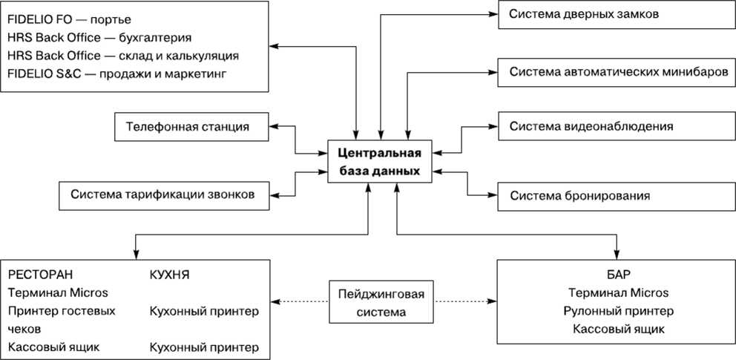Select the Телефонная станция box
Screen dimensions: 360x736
tap(191, 127)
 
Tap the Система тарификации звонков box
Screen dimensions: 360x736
tap(163, 195)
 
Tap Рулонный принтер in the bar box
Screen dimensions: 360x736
tap(617, 310)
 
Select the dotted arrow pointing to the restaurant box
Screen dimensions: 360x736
tap(300, 302)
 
